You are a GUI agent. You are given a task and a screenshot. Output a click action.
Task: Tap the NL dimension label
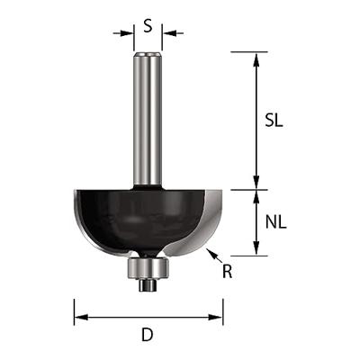point(277,221)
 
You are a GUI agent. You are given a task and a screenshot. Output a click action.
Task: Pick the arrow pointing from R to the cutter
point(212,257)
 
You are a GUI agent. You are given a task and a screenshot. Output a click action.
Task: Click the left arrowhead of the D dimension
point(79,317)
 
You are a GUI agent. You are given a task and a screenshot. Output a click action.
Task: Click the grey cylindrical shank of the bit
point(148,117)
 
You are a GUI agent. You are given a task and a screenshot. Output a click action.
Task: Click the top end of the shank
point(148,54)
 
